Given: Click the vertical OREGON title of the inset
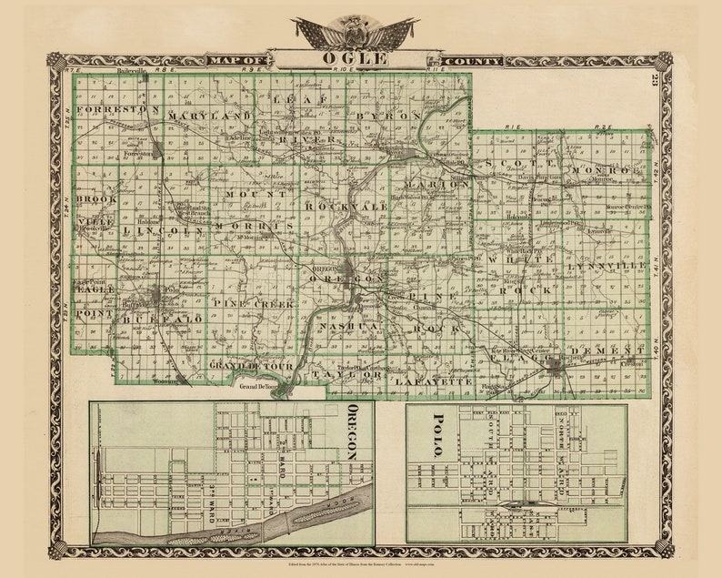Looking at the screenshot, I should click(354, 431).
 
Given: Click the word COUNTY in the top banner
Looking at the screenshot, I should click(481, 61).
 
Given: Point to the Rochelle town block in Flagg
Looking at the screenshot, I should click(557, 365).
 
